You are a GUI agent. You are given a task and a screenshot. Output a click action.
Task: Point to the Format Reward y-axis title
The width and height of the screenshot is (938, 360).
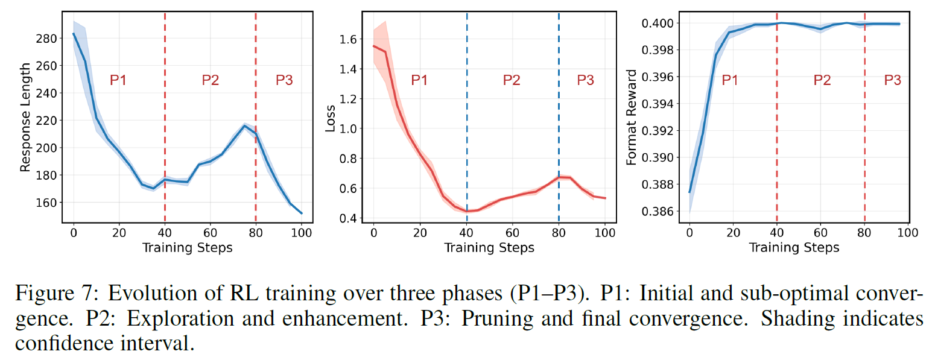pos(632,118)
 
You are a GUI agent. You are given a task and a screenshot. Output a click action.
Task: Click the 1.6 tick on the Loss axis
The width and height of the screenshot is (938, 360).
pos(350,40)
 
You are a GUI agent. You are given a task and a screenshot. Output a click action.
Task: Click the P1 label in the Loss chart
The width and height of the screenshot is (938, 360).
pos(419,80)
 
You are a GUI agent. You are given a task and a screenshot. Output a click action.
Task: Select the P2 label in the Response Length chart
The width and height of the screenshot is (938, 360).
pos(210,80)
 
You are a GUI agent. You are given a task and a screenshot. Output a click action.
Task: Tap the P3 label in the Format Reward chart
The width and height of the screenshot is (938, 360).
pos(893,80)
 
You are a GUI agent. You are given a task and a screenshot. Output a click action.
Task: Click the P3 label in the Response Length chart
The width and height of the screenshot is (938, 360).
pos(284,80)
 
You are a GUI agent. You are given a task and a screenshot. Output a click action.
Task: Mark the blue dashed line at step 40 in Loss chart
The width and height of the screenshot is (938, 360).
pos(467,151)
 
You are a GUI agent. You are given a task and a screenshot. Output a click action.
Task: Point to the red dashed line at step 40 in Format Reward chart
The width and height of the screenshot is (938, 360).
pos(777,151)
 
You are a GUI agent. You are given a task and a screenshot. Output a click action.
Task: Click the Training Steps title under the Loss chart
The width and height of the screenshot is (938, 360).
pos(489,247)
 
